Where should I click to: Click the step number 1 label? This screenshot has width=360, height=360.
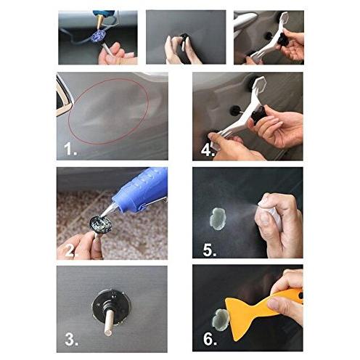click(x=70, y=149)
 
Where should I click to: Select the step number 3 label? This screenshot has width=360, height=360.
click(x=71, y=339)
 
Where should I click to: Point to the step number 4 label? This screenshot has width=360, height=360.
click(x=208, y=150)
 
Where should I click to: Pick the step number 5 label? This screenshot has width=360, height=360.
click(x=210, y=250)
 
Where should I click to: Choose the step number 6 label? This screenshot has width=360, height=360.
click(x=210, y=339)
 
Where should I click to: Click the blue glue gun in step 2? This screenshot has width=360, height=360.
click(x=136, y=191)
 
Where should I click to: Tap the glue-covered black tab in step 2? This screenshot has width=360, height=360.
click(x=100, y=224)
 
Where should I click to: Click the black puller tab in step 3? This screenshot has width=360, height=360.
click(x=112, y=307)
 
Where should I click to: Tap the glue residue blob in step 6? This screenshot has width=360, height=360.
click(x=219, y=319)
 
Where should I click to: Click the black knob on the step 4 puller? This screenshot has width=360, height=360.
click(x=258, y=115)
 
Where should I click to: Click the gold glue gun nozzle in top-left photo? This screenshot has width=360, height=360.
click(x=100, y=22)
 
